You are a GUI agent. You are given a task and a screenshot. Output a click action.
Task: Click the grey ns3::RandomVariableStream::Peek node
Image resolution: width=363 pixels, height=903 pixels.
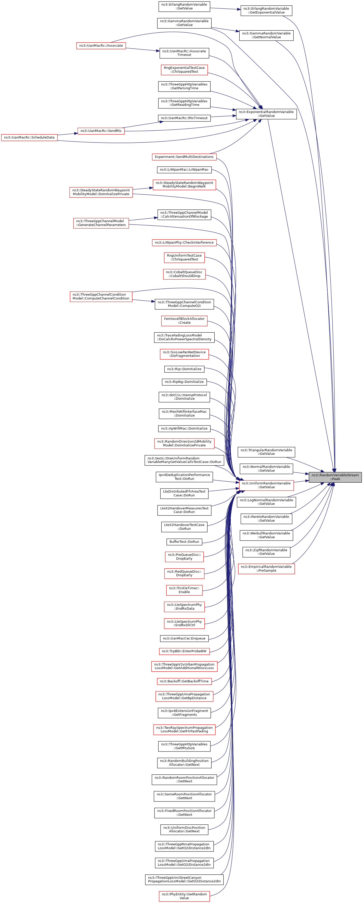pyautogui.click(x=335, y=477)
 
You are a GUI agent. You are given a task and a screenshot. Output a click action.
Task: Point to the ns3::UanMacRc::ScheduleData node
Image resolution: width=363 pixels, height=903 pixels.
pyautogui.click(x=29, y=137)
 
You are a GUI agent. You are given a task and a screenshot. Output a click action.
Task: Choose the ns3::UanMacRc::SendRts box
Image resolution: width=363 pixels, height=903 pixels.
pyautogui.click(x=101, y=131)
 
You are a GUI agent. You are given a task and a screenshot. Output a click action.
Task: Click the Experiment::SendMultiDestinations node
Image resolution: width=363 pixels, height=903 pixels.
pyautogui.click(x=184, y=157)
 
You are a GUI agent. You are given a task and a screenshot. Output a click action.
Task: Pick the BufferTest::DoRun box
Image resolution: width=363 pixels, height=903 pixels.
pyautogui.click(x=184, y=542)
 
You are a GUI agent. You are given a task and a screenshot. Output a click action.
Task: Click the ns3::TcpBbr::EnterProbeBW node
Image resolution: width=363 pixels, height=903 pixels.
pyautogui.click(x=184, y=651)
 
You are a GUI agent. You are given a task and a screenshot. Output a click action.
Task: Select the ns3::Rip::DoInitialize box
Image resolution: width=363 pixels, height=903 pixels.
pyautogui.click(x=184, y=369)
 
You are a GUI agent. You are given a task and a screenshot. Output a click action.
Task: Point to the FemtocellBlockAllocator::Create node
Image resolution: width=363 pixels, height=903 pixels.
pyautogui.click(x=184, y=320)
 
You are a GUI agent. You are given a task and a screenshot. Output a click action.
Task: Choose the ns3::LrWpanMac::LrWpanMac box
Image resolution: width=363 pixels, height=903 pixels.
pyautogui.click(x=184, y=170)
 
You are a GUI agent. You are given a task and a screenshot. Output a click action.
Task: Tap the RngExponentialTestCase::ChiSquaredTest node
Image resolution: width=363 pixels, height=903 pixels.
pyautogui.click(x=184, y=69)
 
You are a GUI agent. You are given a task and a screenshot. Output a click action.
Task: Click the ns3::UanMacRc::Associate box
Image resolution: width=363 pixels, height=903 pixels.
pyautogui.click(x=101, y=46)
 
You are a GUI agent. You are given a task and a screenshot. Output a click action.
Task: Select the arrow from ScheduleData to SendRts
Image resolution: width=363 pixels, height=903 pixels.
pyautogui.click(x=68, y=134)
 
